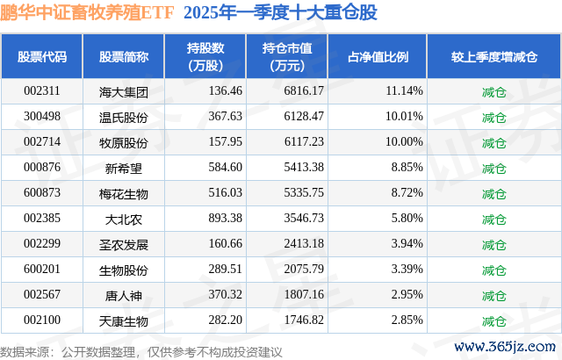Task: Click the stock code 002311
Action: [x=42, y=91]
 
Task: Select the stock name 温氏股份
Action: [x=124, y=117]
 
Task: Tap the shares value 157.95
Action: [x=226, y=142]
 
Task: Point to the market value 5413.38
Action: [x=304, y=168]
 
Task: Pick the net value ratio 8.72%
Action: [x=407, y=192]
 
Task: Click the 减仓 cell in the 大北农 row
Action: [x=494, y=219]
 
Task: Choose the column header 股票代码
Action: [x=42, y=56]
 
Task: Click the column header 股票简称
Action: [x=124, y=56]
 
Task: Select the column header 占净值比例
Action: [x=378, y=56]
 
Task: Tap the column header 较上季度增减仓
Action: [x=494, y=56]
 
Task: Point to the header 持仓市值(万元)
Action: [x=287, y=56]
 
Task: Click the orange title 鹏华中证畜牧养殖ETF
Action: [x=87, y=12]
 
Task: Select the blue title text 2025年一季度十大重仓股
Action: [x=280, y=12]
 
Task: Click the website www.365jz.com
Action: [x=505, y=346]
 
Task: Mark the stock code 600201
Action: [x=42, y=269]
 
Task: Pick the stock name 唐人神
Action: [x=124, y=296]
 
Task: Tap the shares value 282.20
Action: [x=226, y=320]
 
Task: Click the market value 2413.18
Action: [x=304, y=243]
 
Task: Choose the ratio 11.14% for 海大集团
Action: [x=404, y=91]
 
